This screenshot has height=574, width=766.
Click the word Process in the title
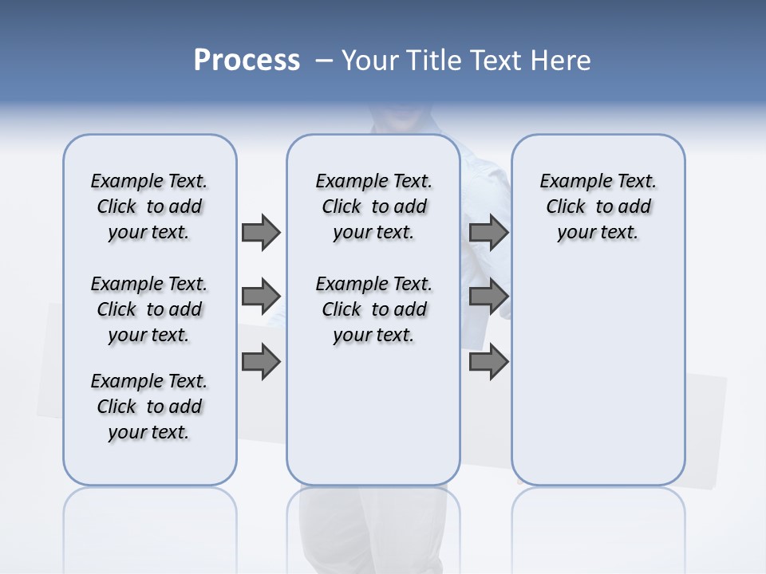click(247, 61)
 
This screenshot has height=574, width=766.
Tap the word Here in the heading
click(562, 61)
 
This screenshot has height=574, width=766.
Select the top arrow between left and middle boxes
click(261, 232)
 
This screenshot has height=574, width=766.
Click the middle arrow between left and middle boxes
click(261, 297)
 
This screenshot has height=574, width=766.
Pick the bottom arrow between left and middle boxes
click(261, 362)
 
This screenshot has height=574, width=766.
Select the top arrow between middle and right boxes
click(489, 232)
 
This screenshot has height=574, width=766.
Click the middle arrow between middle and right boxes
click(489, 297)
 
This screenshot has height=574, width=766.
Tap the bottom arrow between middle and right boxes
click(489, 362)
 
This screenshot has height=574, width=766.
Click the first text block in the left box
click(149, 206)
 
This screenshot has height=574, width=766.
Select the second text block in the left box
click(149, 309)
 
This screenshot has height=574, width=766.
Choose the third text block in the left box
click(149, 407)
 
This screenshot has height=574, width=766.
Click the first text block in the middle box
click(373, 206)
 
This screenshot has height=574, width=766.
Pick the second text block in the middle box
click(373, 309)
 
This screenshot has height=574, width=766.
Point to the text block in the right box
click(598, 206)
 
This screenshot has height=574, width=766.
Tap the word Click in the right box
click(566, 207)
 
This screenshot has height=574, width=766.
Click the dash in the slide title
click(324, 61)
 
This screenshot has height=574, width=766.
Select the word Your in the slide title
click(369, 61)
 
